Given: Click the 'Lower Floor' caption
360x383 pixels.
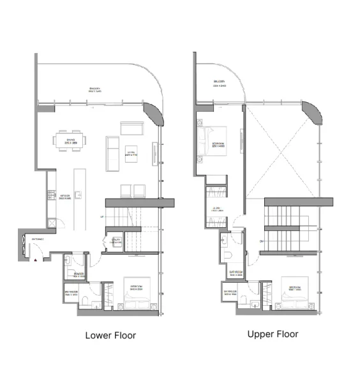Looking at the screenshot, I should pyautogui.click(x=110, y=335).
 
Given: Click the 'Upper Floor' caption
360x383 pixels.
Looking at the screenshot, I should pyautogui.click(x=272, y=334).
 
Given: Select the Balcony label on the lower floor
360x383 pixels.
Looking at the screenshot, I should pyautogui.click(x=96, y=91).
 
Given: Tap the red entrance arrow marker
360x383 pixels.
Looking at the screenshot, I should pyautogui.click(x=36, y=259).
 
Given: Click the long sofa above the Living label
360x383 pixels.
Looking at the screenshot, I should pyautogui.click(x=133, y=130).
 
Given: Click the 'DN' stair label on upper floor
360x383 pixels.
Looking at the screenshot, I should pyautogui.click(x=262, y=241).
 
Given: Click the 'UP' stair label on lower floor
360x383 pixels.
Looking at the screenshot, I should pyautogui.click(x=101, y=218).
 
